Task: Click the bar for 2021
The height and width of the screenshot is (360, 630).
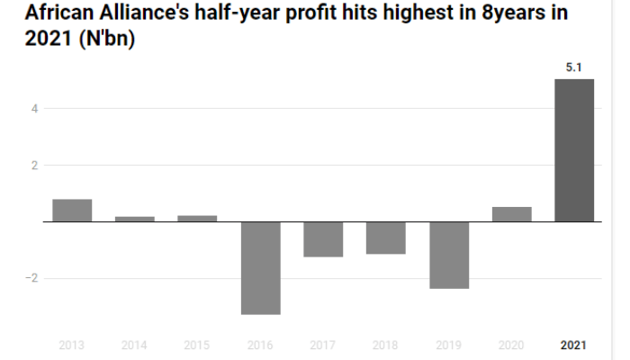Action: (574, 150)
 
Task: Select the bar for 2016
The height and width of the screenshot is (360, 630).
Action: (261, 267)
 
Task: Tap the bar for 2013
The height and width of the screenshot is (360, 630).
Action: (72, 211)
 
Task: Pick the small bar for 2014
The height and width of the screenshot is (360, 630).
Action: (135, 219)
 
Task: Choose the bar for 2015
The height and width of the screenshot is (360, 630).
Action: (197, 219)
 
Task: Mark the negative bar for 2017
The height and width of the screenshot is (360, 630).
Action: (323, 239)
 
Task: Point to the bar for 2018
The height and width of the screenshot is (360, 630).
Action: (385, 238)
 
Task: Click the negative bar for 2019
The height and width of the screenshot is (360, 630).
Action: (449, 255)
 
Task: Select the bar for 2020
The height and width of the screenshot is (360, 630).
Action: (511, 214)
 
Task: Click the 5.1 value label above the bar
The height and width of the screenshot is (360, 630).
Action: (574, 66)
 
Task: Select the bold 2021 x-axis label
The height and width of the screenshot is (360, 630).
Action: (574, 346)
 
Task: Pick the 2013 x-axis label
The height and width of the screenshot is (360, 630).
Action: (72, 346)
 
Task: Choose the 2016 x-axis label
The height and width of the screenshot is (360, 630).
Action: (261, 346)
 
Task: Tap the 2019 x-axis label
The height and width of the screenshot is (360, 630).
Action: (449, 346)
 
